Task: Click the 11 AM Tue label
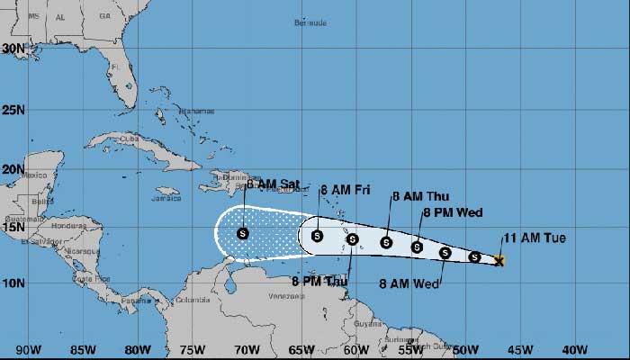[x=535, y=238]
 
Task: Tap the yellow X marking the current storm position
[x=499, y=261]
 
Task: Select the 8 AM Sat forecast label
[x=273, y=184]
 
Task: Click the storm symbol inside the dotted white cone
[x=243, y=233]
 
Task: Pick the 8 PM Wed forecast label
[x=453, y=212]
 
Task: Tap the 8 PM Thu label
[x=319, y=281]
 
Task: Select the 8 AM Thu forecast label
[x=420, y=196]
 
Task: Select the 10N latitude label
[x=13, y=283]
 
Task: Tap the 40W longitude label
[x=574, y=350]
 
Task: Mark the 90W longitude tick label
[x=28, y=350]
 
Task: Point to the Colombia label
[x=192, y=300]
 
